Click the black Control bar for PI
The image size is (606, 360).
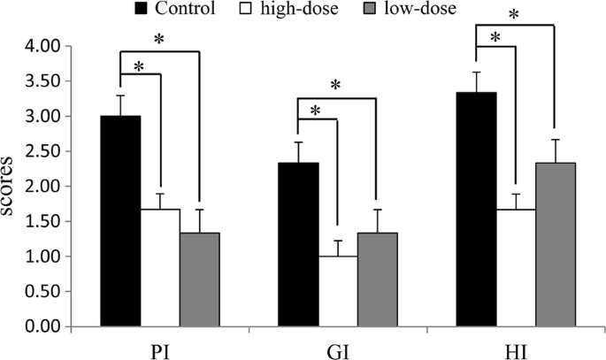tap(120, 221)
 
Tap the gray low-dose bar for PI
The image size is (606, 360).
tap(199, 280)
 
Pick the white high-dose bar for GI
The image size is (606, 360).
tap(338, 291)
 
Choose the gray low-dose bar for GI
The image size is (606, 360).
tap(377, 280)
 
